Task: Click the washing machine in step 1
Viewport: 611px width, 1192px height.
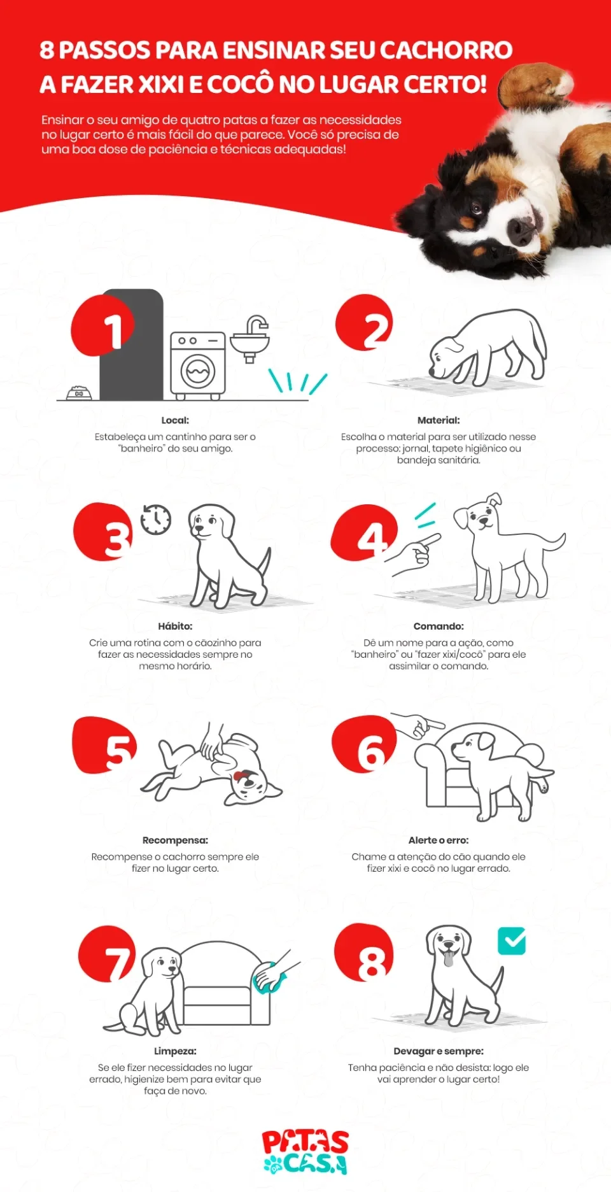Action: point(198,365)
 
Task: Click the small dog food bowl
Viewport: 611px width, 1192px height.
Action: point(79,393)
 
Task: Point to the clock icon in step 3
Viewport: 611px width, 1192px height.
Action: point(156,520)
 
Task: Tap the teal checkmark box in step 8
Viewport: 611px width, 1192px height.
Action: point(511,940)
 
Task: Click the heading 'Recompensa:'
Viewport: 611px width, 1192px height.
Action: point(175,840)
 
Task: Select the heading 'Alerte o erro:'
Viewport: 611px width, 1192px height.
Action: point(439,840)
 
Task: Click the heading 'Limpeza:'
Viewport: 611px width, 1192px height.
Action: point(175,1051)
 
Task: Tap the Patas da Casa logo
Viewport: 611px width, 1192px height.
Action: point(305,1151)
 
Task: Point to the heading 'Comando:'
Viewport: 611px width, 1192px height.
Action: point(439,626)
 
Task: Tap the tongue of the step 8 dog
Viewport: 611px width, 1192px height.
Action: point(449,958)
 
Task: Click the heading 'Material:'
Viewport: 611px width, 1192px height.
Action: point(439,420)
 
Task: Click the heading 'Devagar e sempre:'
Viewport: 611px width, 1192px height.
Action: point(439,1051)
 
